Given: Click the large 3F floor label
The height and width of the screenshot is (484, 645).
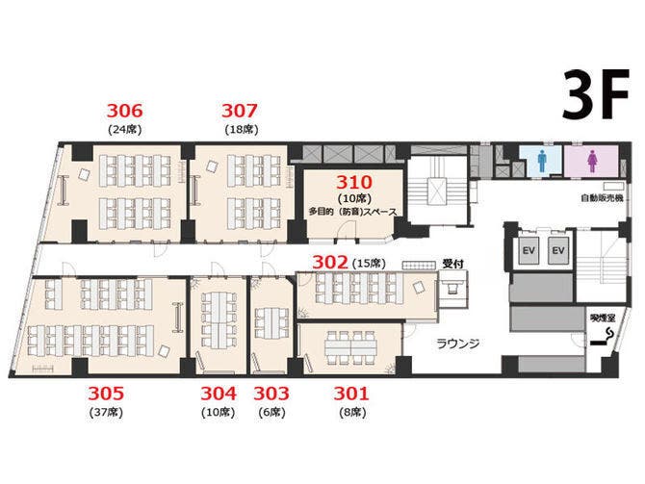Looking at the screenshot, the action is pos(596,95).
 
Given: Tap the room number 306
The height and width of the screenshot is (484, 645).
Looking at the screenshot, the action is pos(124,111).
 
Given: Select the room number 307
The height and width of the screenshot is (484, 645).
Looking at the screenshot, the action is pos(240,111).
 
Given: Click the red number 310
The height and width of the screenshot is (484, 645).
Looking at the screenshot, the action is pos(354,182).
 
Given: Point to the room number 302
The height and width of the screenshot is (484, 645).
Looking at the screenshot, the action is pos(330,263).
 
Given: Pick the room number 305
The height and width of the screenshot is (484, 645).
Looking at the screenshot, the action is pos(106,394).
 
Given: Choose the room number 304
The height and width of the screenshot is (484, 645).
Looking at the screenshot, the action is pos(219,394).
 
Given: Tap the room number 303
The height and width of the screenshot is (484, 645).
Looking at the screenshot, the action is pos(271,394).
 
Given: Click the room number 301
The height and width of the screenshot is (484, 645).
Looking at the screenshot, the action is pos(351,394).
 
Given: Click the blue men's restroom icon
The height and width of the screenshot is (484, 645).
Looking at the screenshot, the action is pos(542,161).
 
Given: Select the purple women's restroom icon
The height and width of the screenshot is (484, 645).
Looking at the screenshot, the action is pos(592,161).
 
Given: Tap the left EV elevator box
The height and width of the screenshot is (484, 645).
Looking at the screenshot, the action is pos(529,250).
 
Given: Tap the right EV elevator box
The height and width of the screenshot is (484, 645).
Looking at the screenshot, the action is pos(558,250).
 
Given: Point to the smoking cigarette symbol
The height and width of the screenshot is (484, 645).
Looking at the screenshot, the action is pos(603,337).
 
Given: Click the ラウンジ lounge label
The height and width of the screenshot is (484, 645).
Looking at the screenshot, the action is pos(458,344).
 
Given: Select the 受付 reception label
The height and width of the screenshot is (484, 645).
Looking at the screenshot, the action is pos(452,264).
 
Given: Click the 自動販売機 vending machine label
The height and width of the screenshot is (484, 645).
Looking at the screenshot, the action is pos(602,198).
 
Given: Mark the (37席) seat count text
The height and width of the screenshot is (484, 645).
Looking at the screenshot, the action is pos(106,412).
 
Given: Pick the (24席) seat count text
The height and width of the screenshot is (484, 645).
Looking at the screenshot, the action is pos(124,130).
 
